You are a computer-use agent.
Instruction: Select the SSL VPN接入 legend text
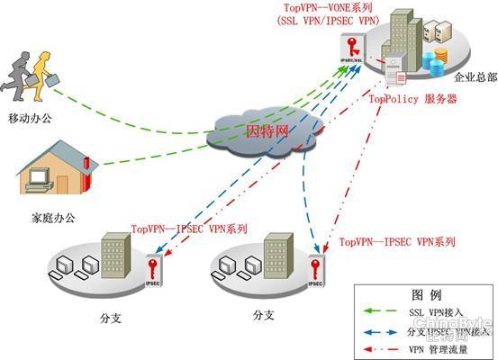click(x=436, y=312)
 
